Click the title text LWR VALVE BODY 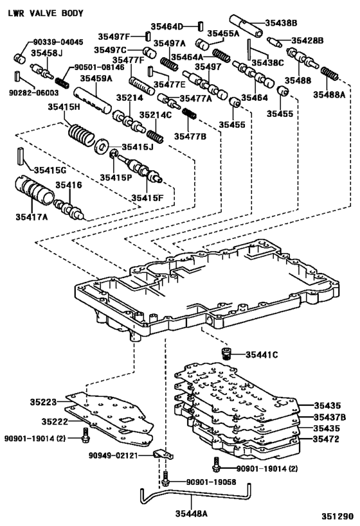(40, 13)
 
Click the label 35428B (307, 40)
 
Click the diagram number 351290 (337, 516)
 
